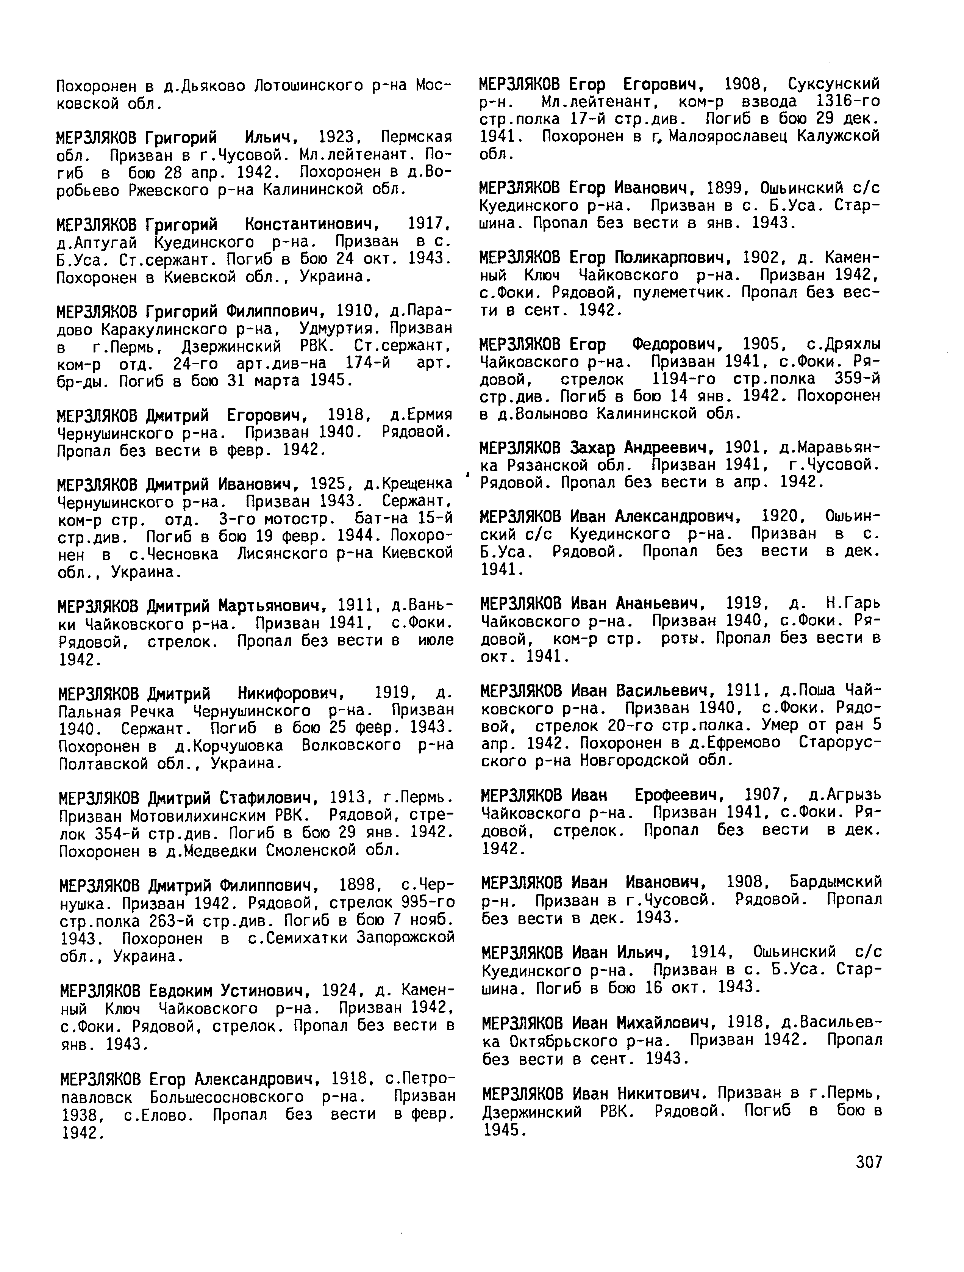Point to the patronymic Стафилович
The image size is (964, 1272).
(x=268, y=797)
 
